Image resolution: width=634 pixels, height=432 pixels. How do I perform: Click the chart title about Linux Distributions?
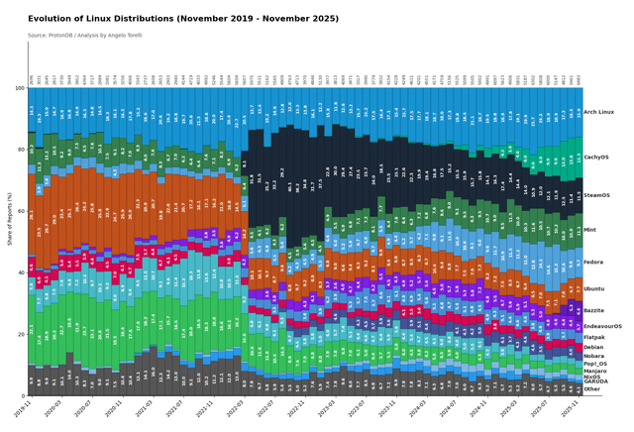pos(183,18)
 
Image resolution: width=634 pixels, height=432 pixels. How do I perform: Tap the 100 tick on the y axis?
pos(19,89)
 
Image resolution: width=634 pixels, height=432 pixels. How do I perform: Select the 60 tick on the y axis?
pos(21,211)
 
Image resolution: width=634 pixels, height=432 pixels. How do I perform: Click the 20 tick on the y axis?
pos(21,334)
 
